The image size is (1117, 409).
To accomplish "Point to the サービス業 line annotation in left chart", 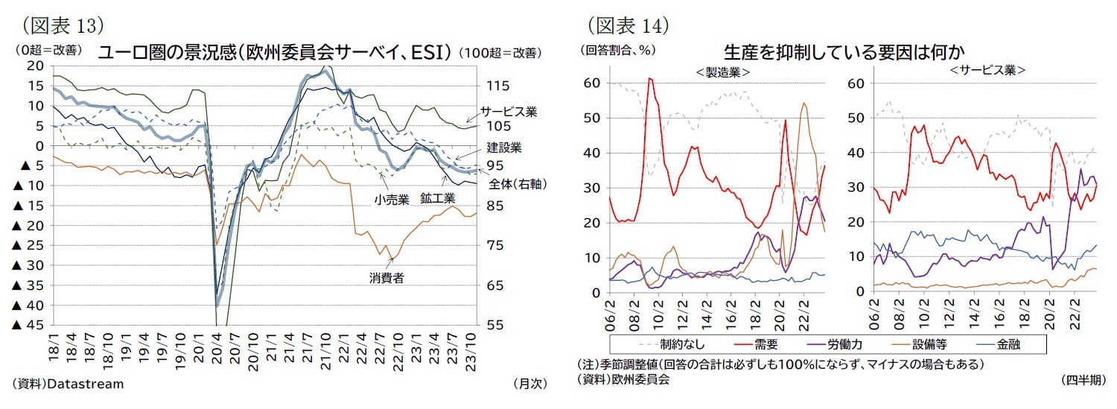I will [509, 111].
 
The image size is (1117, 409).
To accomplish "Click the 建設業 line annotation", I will [504, 148].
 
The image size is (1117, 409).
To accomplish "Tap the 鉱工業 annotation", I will [436, 199].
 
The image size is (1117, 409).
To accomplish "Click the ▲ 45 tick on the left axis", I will [26, 325].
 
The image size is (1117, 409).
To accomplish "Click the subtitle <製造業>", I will [722, 72].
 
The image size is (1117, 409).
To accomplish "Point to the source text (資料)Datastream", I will [69, 384].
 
